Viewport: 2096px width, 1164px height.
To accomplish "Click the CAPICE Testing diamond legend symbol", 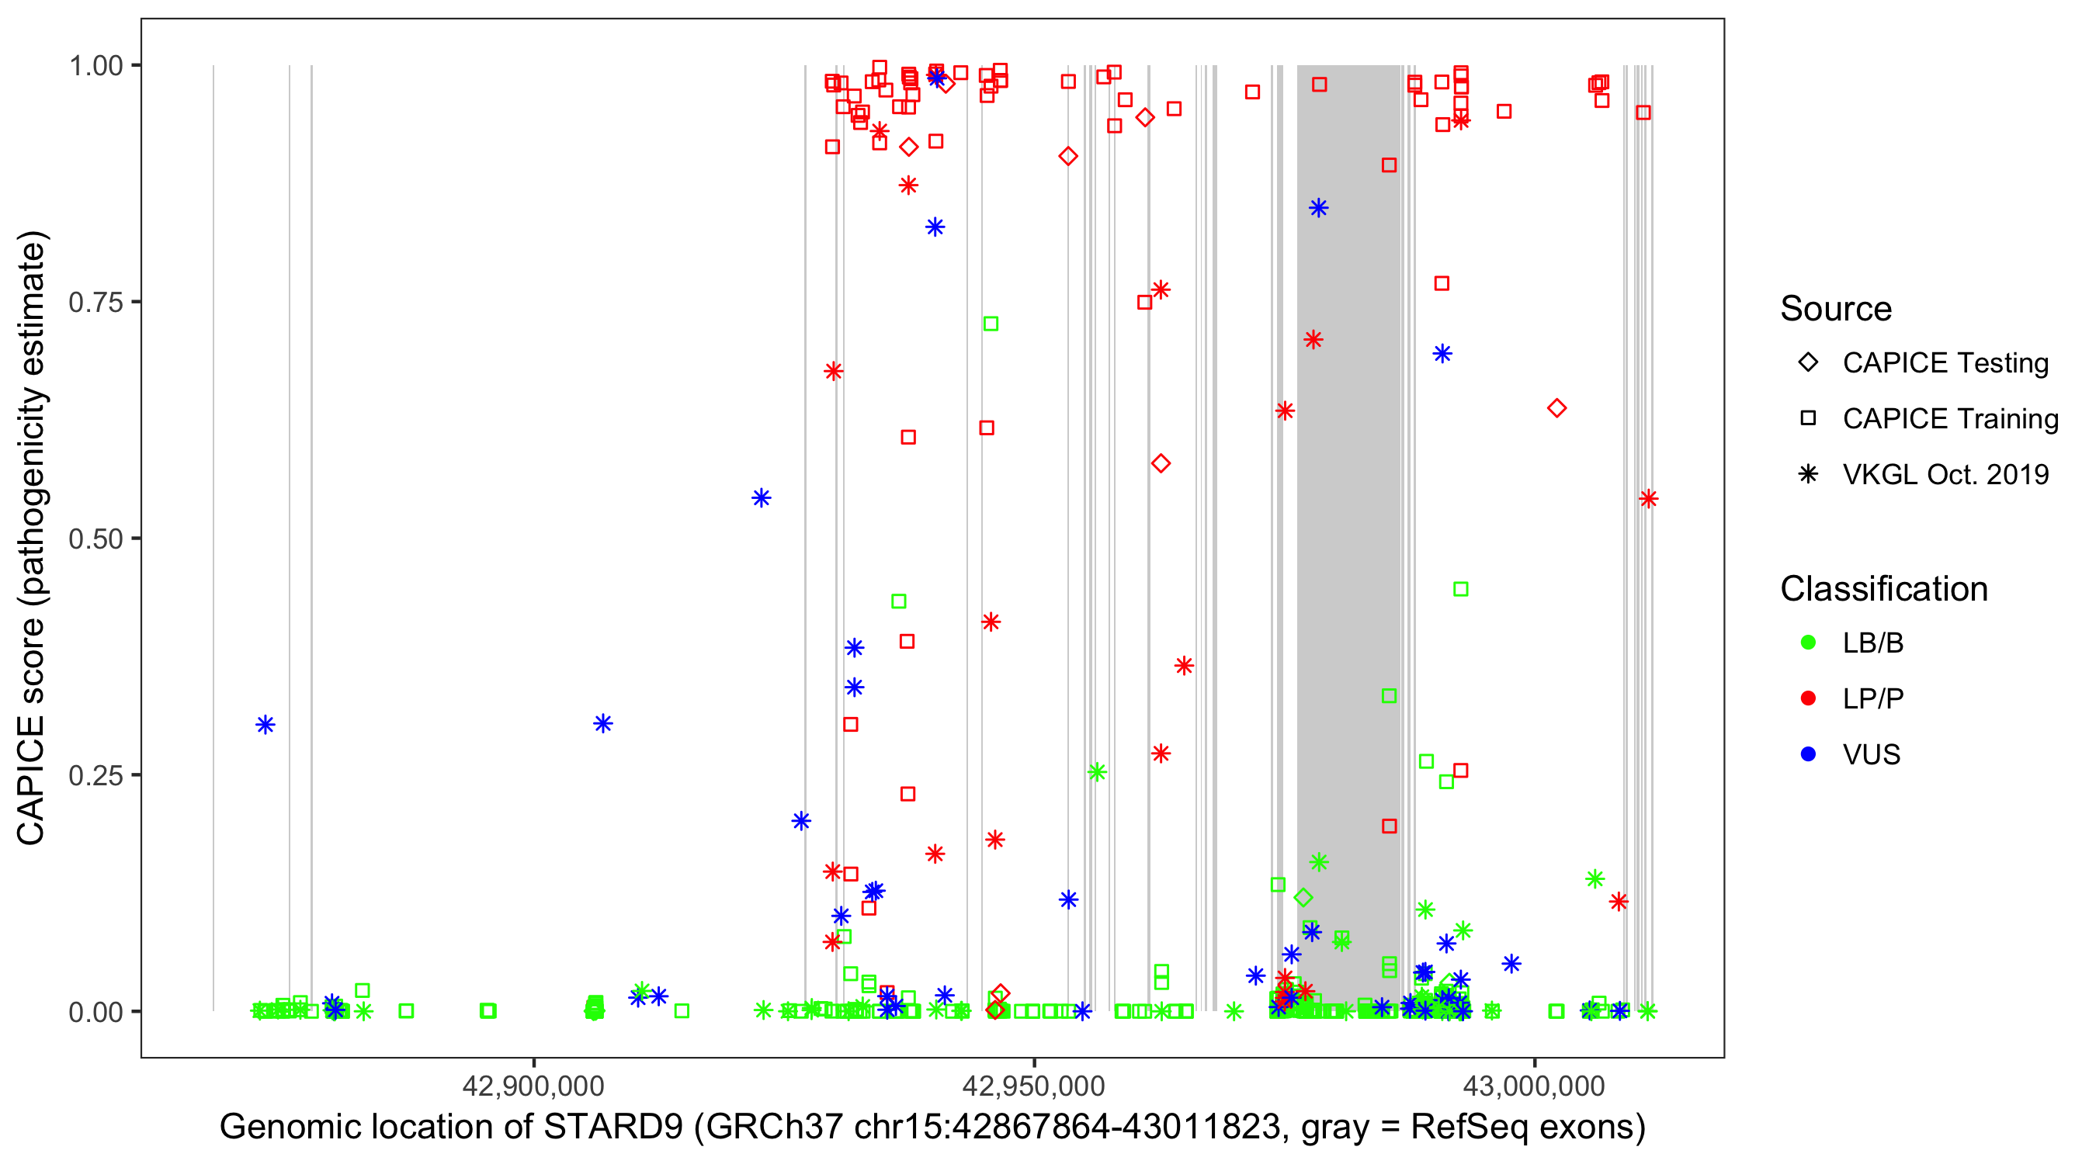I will [x=1808, y=363].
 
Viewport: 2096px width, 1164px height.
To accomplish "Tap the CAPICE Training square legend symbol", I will [x=1808, y=418].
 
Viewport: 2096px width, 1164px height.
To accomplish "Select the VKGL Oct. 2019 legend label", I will [x=1945, y=474].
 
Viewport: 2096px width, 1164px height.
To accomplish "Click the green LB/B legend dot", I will [x=1808, y=643].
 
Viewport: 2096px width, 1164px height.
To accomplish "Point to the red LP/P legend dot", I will [x=1808, y=698].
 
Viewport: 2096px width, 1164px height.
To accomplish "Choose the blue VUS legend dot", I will [x=1808, y=754].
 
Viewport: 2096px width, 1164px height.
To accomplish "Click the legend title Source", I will [x=1836, y=309].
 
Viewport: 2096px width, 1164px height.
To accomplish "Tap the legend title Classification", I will [x=1883, y=589].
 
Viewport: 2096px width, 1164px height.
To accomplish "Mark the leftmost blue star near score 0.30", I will [x=265, y=725].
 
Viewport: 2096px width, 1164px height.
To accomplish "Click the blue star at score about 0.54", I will [x=761, y=498].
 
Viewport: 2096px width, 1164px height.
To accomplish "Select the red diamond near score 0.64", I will [x=1556, y=408].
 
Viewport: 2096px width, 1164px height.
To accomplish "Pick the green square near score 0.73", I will [x=991, y=324].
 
